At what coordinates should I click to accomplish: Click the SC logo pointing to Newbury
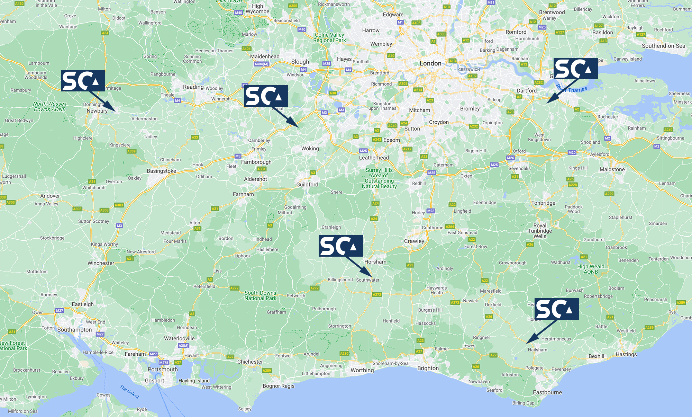83,81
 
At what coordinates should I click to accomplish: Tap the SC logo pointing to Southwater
340,246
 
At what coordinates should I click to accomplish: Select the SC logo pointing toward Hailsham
556,309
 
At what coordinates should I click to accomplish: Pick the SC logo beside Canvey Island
576,69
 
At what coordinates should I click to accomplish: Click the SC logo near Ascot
266,96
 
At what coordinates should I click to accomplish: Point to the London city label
430,63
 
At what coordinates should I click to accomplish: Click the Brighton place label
428,368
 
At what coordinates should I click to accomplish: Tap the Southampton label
74,330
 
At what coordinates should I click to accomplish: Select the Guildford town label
307,185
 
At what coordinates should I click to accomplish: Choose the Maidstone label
612,169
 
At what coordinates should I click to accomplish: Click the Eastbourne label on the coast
547,392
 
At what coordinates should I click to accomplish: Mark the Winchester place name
101,263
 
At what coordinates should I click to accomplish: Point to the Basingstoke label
161,171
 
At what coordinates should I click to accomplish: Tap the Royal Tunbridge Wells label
540,231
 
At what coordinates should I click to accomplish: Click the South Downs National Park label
260,295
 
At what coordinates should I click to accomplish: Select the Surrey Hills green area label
379,178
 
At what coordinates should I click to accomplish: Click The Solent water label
129,392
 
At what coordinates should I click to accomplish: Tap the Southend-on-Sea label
663,46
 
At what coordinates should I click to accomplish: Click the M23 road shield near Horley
431,211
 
